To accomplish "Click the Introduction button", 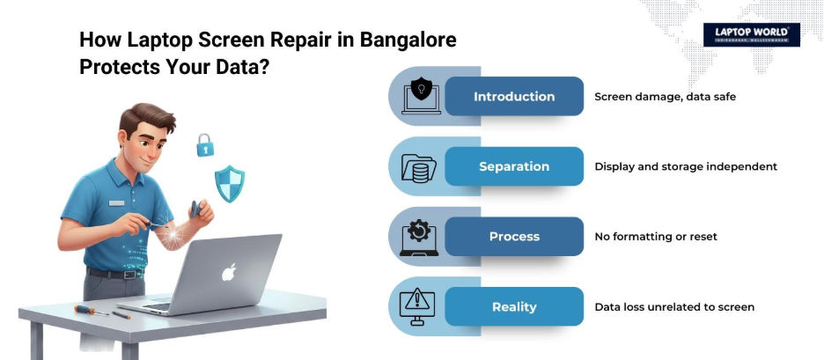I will pyautogui.click(x=514, y=96).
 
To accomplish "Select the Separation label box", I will pyautogui.click(x=514, y=166).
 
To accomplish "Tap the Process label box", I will pyautogui.click(x=514, y=237).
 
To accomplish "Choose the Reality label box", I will pyautogui.click(x=514, y=307).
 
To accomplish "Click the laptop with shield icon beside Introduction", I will pyautogui.click(x=421, y=96).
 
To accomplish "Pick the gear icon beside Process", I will pyautogui.click(x=419, y=236).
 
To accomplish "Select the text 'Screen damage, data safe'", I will pyautogui.click(x=665, y=96).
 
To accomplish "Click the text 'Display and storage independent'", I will pyautogui.click(x=686, y=166).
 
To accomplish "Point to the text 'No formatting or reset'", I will pyautogui.click(x=656, y=237).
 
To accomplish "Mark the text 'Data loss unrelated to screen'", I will pyautogui.click(x=674, y=307).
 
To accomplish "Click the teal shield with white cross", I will pyautogui.click(x=231, y=184).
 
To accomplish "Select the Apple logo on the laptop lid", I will pyautogui.click(x=229, y=272).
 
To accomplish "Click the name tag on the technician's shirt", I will pyautogui.click(x=116, y=202).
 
